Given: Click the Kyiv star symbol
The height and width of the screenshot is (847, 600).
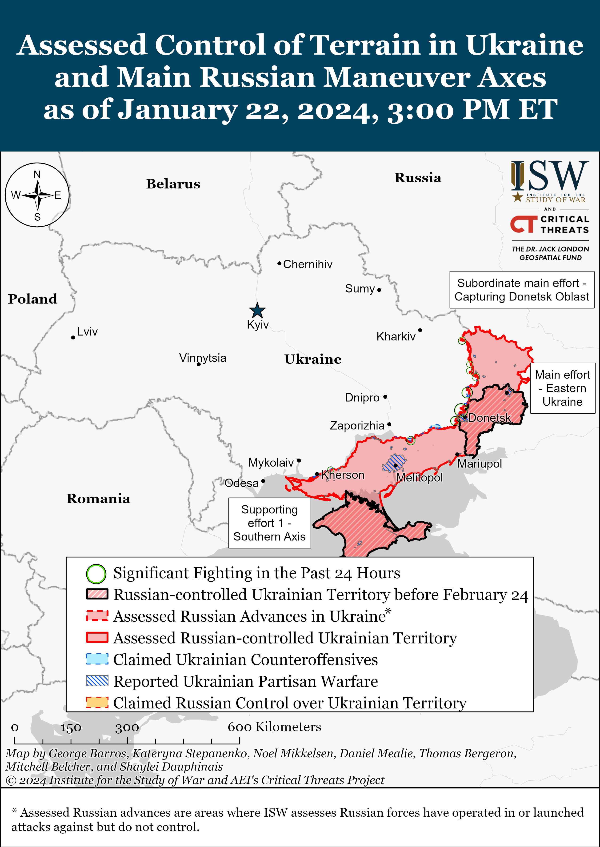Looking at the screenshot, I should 257,311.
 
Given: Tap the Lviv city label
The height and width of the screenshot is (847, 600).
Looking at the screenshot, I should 87,332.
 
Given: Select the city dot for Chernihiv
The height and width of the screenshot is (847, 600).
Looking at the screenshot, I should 279,263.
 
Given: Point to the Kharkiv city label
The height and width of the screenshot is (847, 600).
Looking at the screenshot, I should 396,336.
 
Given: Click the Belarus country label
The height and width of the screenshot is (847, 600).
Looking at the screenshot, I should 173,184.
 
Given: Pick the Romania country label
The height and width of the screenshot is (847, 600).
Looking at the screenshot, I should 98,499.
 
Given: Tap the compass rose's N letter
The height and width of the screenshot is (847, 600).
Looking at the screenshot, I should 37,174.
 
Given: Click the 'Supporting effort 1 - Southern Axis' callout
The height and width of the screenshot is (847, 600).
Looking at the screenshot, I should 269,523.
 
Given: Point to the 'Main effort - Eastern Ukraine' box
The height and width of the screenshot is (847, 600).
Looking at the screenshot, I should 562,388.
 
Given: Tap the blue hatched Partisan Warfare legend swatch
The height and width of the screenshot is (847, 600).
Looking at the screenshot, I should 97,681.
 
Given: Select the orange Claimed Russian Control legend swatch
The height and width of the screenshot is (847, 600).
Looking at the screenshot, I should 97,702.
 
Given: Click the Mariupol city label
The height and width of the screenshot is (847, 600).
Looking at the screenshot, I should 480,464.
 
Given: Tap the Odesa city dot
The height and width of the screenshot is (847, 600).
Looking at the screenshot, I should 263,481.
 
